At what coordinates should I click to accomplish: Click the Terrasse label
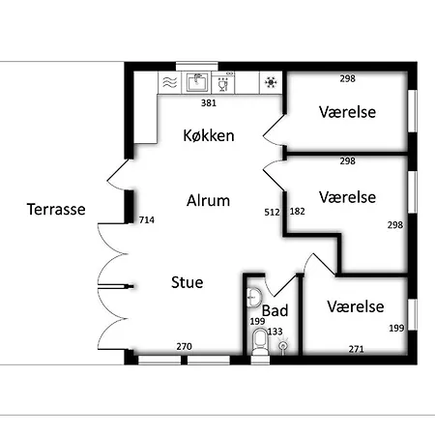pos(56,209)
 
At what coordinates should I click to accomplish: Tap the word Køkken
pos(209,135)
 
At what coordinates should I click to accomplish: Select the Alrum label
pos(208,200)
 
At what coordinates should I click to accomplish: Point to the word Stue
pos(188,282)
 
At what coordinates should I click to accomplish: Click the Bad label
pos(275,310)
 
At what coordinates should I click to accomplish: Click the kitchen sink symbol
pos(196,82)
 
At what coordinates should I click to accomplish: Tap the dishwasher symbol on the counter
pos(223,83)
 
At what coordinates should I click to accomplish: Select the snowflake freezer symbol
pos(271,83)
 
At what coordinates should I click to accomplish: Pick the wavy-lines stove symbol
pos(170,83)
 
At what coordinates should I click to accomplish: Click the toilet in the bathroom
pos(260,341)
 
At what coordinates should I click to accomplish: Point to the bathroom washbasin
pos(254,297)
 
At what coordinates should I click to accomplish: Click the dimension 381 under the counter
pos(209,103)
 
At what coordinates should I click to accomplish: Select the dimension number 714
pos(147,220)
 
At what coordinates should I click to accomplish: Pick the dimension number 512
pos(272,213)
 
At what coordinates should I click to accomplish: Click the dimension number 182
pos(297,212)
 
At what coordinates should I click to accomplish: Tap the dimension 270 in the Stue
pos(184,347)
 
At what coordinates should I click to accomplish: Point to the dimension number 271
pos(356,349)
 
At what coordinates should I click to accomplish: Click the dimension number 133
pos(275,332)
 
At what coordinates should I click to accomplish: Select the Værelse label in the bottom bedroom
pos(356,306)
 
